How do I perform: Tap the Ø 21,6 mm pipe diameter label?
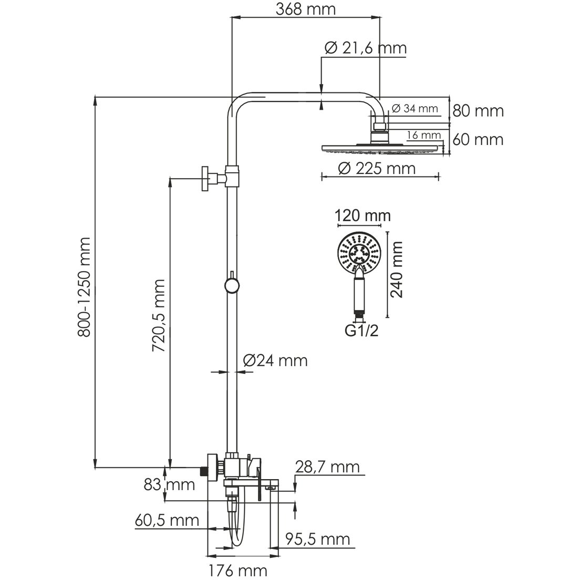pos(366,48)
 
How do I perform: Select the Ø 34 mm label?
pos(415,109)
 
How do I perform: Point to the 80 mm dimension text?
pos(478,111)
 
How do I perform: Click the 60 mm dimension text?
pos(478,140)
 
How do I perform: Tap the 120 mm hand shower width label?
pos(363,215)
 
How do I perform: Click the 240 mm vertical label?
pos(397,270)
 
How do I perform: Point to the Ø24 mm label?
pos(275,361)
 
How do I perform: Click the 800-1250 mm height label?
pos(85,287)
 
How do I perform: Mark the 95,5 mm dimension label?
pos(317,539)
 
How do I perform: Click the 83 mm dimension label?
pos(170,484)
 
